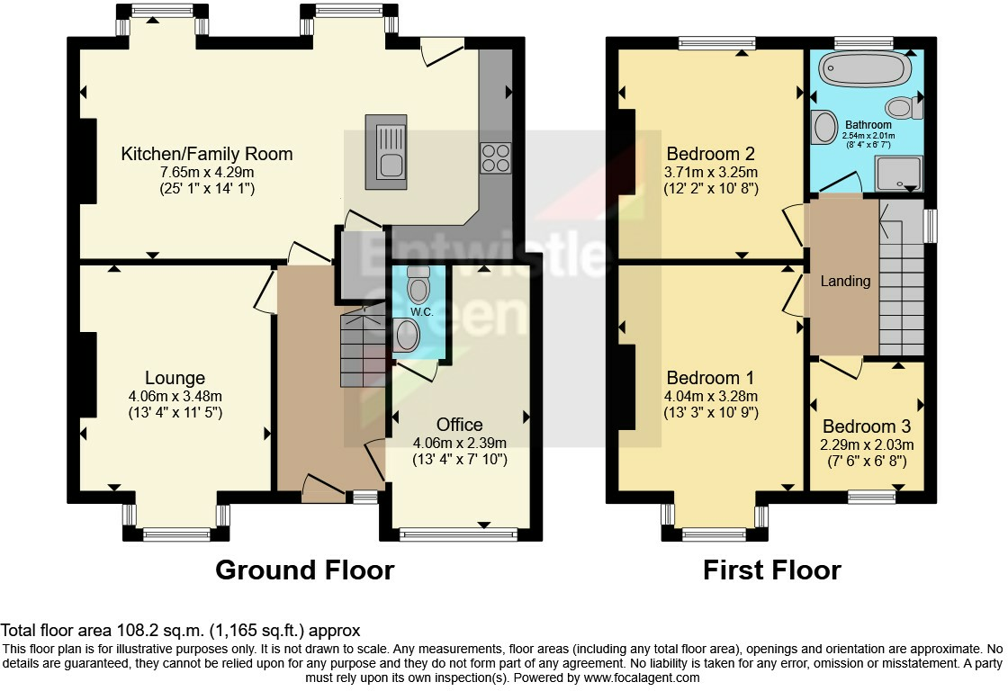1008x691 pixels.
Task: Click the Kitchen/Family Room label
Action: pyautogui.click(x=206, y=154)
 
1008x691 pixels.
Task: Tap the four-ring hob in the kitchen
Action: pyautogui.click(x=495, y=158)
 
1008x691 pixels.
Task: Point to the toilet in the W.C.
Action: pyautogui.click(x=418, y=286)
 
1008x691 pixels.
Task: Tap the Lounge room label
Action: pyautogui.click(x=175, y=378)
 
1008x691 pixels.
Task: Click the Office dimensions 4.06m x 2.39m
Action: pyautogui.click(x=460, y=443)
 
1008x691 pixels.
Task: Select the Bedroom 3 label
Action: pyautogui.click(x=867, y=426)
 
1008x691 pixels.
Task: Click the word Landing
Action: pyautogui.click(x=845, y=281)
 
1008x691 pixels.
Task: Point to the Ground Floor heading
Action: pyautogui.click(x=305, y=570)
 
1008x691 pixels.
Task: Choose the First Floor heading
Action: pyautogui.click(x=772, y=570)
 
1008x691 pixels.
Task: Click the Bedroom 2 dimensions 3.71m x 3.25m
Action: pyautogui.click(x=711, y=172)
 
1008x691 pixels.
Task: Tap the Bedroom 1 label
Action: pyautogui.click(x=710, y=378)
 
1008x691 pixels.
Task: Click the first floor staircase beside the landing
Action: pyautogui.click(x=901, y=277)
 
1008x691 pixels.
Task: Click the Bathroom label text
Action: pyautogui.click(x=868, y=125)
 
